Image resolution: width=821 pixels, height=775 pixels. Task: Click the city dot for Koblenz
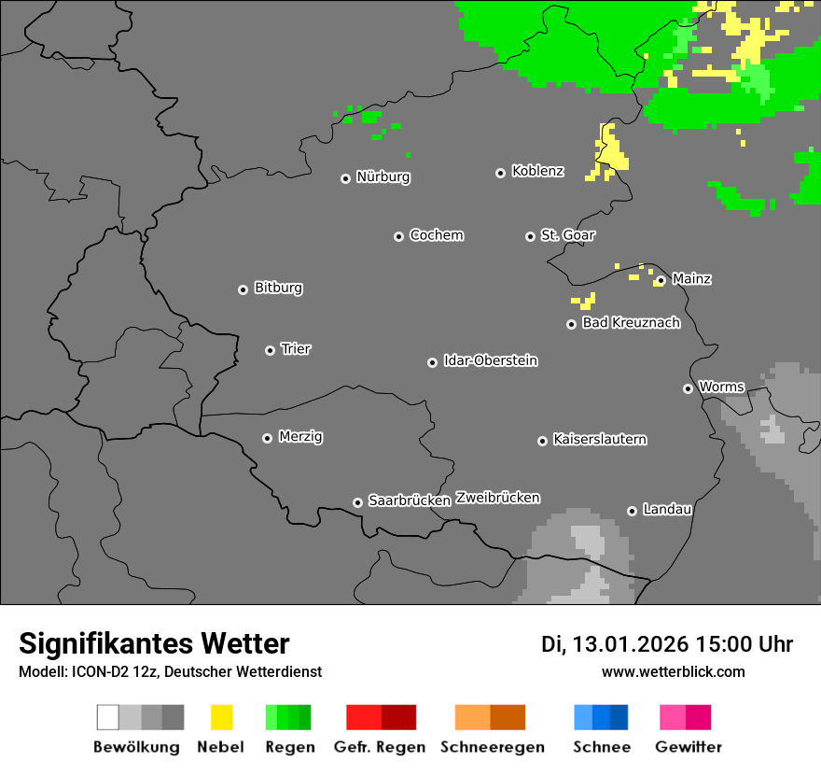(500, 173)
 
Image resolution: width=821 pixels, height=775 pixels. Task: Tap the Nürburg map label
(383, 176)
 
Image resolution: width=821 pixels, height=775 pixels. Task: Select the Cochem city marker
(398, 236)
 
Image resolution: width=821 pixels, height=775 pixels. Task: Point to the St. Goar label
(567, 235)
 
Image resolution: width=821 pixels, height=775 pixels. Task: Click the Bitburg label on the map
(278, 289)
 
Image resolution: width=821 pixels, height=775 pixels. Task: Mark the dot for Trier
(270, 350)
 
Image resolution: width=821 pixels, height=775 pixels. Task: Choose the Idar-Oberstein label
(490, 360)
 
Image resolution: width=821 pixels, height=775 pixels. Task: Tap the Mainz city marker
(661, 280)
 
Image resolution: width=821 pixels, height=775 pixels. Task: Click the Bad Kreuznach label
(631, 323)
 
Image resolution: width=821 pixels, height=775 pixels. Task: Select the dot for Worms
(688, 388)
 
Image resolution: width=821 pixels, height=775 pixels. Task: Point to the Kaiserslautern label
(599, 439)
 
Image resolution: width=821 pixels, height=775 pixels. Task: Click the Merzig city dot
(267, 438)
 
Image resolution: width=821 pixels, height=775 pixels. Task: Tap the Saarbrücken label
(409, 500)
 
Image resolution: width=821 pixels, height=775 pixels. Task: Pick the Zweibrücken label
(497, 498)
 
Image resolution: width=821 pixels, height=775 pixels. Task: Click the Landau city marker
(632, 511)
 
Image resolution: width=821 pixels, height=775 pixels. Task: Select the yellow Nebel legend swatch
(221, 717)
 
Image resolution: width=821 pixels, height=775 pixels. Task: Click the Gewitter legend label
(688, 747)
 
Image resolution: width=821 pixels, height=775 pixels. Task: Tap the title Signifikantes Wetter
(154, 643)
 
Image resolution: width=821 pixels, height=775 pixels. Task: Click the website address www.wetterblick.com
(673, 671)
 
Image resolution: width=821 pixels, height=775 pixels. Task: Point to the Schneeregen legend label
(492, 747)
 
